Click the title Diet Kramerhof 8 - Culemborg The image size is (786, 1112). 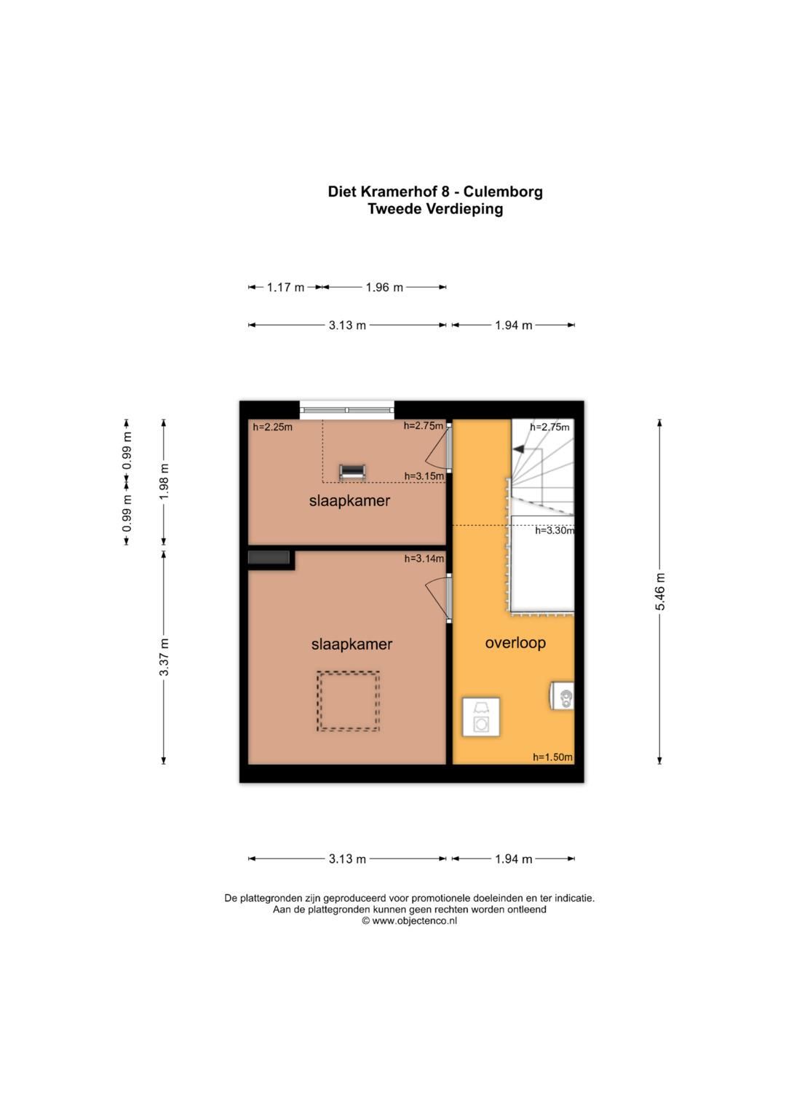tap(434, 192)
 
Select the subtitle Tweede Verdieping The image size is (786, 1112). tap(434, 209)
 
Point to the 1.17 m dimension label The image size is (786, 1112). tap(285, 287)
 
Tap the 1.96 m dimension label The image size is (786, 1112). tap(384, 287)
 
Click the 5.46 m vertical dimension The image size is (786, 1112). tap(660, 591)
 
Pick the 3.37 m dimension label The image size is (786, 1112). tap(164, 656)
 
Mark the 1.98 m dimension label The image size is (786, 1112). tap(164, 481)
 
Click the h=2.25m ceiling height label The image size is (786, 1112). tap(272, 427)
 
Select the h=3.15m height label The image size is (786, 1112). tap(424, 476)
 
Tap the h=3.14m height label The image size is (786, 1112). tap(424, 559)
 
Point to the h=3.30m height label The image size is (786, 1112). tap(554, 531)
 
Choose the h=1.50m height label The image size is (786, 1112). tap(552, 757)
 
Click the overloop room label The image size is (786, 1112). tap(515, 643)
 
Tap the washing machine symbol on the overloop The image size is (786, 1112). tap(481, 717)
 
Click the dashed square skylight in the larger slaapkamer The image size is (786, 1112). tap(348, 701)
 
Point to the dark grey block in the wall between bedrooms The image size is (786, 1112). tap(269, 558)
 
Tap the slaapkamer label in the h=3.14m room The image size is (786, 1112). tap(352, 644)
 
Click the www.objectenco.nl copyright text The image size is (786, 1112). tap(409, 920)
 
